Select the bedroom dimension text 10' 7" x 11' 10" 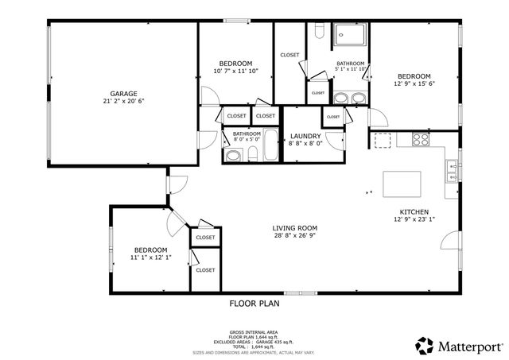(x=236, y=72)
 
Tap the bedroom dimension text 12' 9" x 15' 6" (x=414, y=83)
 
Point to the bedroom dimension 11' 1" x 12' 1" (x=150, y=257)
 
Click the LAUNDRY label (x=305, y=136)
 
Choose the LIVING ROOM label (x=295, y=228)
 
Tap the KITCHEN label (x=414, y=211)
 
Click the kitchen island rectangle (x=402, y=184)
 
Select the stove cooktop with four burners (x=420, y=140)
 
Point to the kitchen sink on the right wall (x=452, y=168)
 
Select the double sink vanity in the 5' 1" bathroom (x=350, y=99)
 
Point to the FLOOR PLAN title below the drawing (x=254, y=303)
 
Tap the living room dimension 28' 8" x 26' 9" (x=295, y=236)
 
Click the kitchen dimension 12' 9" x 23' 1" (x=414, y=220)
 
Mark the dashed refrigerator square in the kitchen (x=385, y=140)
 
